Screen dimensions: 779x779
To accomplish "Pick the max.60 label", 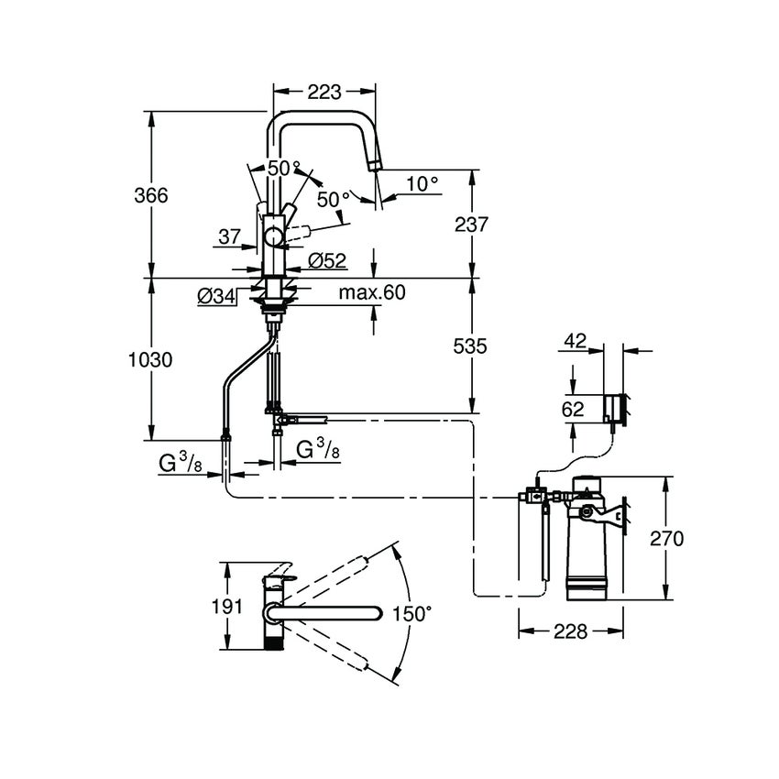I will coord(371,292).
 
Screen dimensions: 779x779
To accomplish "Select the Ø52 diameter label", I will coord(326,261).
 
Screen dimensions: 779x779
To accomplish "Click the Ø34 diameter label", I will coord(217,295).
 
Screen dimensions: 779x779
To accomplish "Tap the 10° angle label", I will coord(422,183).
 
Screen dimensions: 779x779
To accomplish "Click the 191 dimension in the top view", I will coord(227,606).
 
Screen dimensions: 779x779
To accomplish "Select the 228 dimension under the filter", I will coord(571,631).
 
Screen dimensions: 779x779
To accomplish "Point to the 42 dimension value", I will coord(575,339).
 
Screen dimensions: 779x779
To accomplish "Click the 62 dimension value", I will coord(572,410).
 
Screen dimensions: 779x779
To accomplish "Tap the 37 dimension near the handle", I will coord(230,236).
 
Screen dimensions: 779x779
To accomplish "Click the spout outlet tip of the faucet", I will coord(375,166).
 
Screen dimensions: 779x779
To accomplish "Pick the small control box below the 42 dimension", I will coord(616,408).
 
